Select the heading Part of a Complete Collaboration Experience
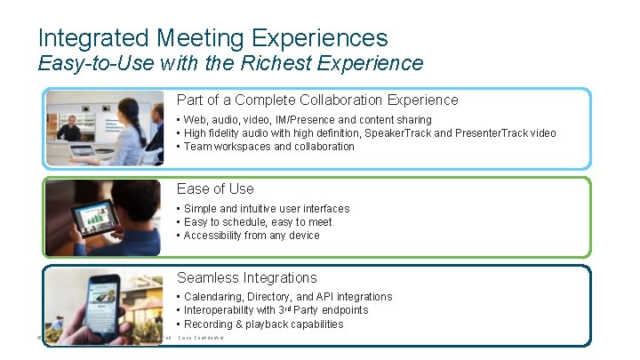click(x=317, y=100)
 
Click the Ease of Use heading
click(x=215, y=188)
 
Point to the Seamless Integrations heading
click(x=246, y=277)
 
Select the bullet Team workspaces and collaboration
click(x=268, y=147)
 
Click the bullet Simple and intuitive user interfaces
click(x=266, y=209)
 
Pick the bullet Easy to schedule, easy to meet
click(x=257, y=222)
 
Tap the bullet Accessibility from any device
click(x=252, y=236)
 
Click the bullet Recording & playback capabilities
click(x=263, y=324)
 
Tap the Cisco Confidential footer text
click(x=202, y=338)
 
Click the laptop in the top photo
click(x=85, y=150)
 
